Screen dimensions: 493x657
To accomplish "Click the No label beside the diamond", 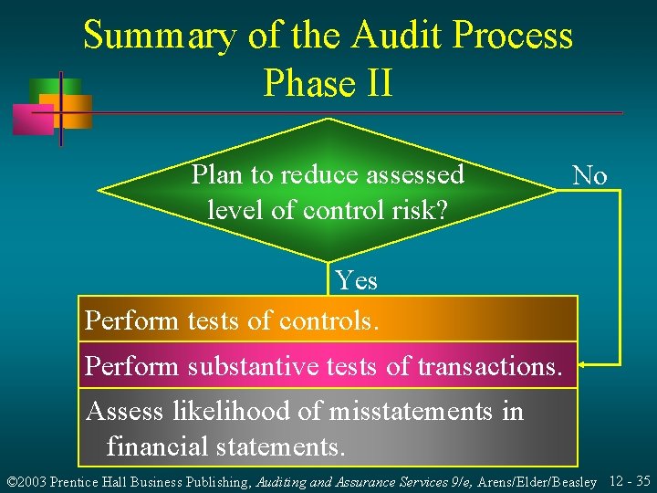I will pyautogui.click(x=589, y=175).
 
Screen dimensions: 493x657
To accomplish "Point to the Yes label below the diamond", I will pyautogui.click(x=355, y=279).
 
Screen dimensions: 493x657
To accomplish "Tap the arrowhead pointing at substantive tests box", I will pyautogui.click(x=582, y=365).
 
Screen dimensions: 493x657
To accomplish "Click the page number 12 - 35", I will pyautogui.click(x=629, y=480).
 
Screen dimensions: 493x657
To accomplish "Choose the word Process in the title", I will pyautogui.click(x=516, y=37).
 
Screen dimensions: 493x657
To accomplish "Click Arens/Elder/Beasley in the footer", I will pyautogui.click(x=538, y=481).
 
